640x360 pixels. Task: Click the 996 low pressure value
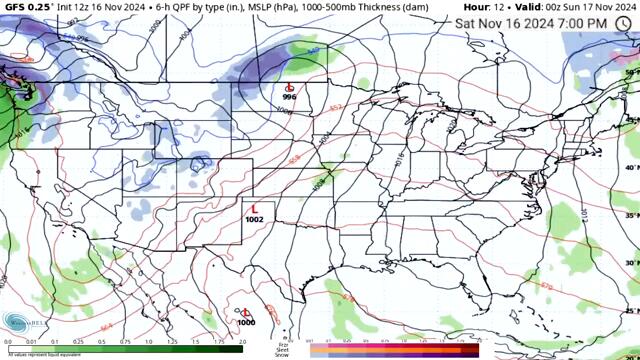click(x=289, y=98)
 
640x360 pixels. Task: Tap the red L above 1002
click(x=254, y=209)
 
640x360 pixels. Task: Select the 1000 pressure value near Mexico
click(x=246, y=322)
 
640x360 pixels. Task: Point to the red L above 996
click(x=290, y=88)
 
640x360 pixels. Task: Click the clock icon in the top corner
click(x=624, y=22)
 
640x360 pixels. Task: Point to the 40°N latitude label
click(x=631, y=167)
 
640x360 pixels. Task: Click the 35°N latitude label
click(x=631, y=215)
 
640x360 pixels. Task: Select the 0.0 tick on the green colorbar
click(x=8, y=342)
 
